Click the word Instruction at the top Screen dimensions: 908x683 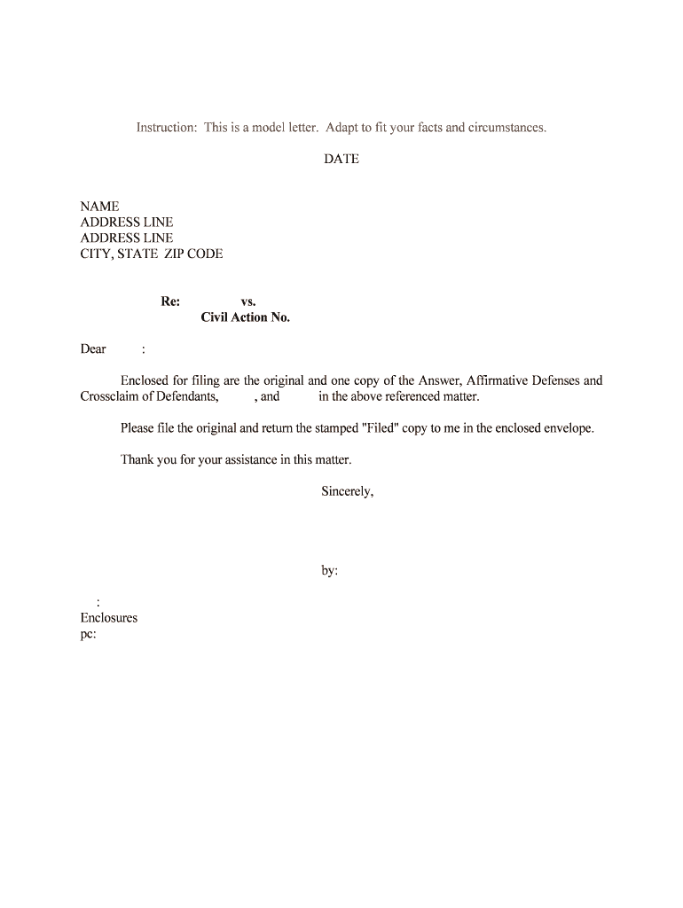[166, 128]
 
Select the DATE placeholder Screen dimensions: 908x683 [341, 160]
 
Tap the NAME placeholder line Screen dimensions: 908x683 [99, 207]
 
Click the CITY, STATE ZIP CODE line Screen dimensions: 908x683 [152, 254]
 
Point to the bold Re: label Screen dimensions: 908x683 [170, 301]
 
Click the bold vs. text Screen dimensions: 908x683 [248, 301]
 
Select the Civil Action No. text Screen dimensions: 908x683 [246, 317]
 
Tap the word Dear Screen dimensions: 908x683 [93, 349]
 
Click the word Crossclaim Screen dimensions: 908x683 [109, 397]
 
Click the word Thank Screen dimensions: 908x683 [137, 460]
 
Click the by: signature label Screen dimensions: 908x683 [329, 572]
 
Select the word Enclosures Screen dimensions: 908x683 [109, 618]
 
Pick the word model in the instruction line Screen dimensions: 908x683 [270, 128]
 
